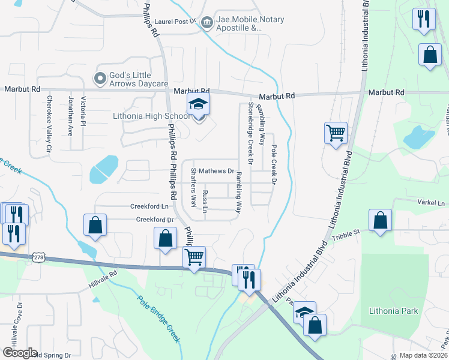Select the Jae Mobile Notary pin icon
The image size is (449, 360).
(x=207, y=23)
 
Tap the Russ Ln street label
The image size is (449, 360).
(x=205, y=202)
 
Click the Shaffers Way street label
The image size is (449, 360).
(x=193, y=187)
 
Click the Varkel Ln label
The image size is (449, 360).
(x=432, y=204)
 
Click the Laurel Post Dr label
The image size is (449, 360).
(x=175, y=21)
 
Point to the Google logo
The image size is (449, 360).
(x=20, y=353)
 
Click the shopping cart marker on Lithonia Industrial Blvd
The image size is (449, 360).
(x=336, y=133)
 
